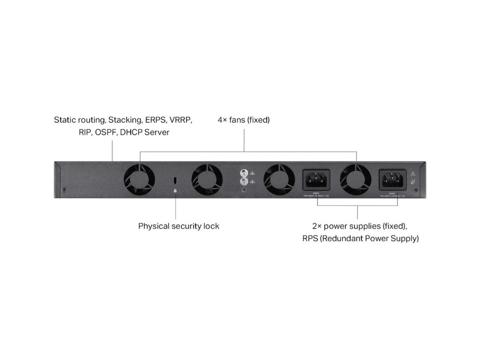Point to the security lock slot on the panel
coord(175,180)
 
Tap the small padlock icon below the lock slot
coord(175,191)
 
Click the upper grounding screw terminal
coord(243,172)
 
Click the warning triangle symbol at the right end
coord(413,173)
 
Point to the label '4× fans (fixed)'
coord(244,120)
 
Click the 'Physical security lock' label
coord(179,226)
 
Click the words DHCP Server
coord(145,132)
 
